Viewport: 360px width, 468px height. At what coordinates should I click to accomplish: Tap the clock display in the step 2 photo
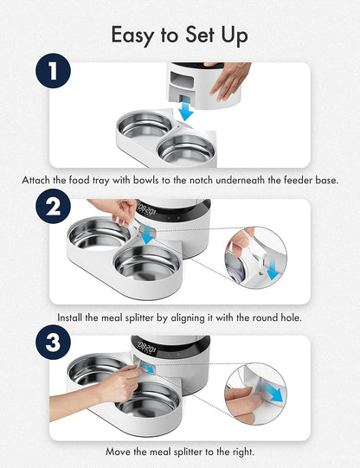[149, 208]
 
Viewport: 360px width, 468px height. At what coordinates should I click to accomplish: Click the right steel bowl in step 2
[148, 261]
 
